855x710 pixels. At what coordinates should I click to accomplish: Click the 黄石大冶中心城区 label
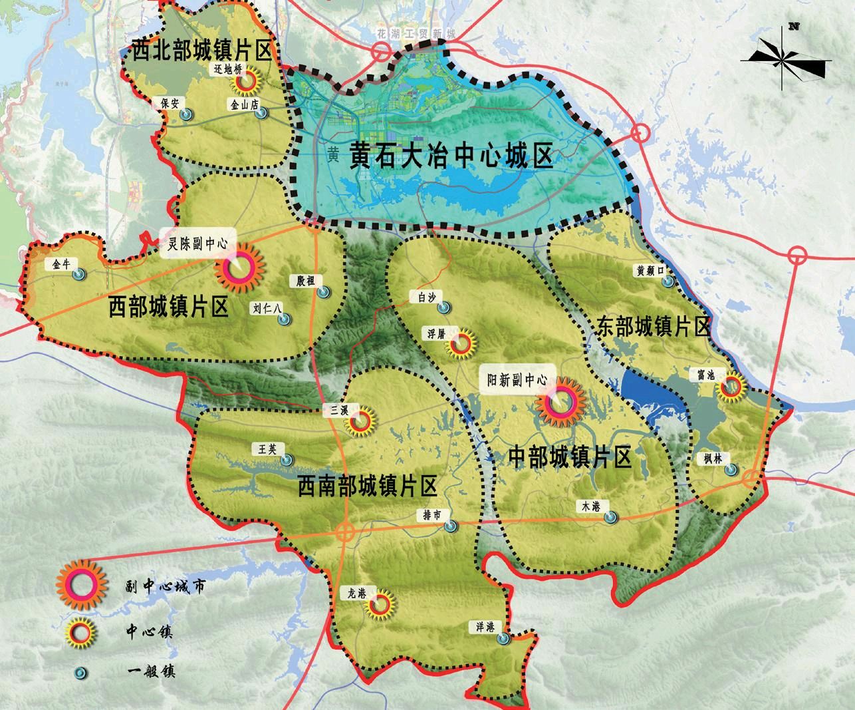click(451, 157)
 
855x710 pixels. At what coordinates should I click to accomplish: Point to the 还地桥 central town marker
click(245, 81)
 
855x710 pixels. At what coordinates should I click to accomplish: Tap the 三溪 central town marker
click(362, 421)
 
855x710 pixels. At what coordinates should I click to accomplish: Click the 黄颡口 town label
click(650, 270)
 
